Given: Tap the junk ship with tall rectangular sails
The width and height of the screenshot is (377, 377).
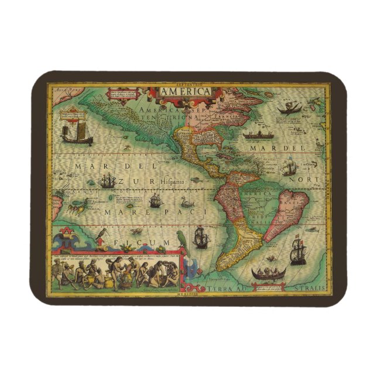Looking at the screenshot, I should pyautogui.click(x=74, y=125).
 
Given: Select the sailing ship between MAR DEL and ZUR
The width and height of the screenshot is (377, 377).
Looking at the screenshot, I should pyautogui.click(x=107, y=181).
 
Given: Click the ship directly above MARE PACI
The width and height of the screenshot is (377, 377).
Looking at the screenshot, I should pyautogui.click(x=155, y=201).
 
